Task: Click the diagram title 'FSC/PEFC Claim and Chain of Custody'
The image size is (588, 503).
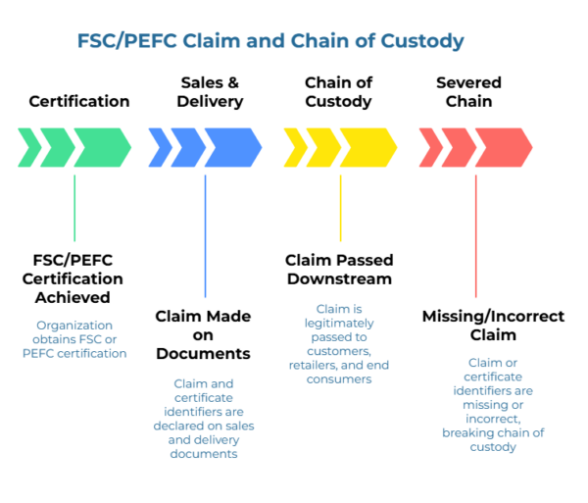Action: (x=270, y=41)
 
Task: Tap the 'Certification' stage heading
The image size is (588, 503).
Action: (x=79, y=101)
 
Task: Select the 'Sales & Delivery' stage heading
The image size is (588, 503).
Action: (x=210, y=92)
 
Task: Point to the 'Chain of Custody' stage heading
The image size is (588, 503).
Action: (x=338, y=92)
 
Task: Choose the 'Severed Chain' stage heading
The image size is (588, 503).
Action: (x=468, y=92)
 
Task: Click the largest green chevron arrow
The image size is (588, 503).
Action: (x=102, y=147)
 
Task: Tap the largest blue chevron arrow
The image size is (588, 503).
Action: (x=233, y=147)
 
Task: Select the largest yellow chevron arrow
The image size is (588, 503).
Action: (x=368, y=147)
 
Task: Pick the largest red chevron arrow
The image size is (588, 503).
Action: (x=504, y=147)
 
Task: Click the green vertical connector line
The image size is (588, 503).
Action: (x=74, y=208)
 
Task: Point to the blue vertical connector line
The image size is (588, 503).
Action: (x=205, y=236)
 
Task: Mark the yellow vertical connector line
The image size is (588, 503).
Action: (x=340, y=208)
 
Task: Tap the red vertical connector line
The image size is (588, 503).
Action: (x=476, y=236)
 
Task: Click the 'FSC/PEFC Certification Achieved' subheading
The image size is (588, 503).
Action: (x=73, y=278)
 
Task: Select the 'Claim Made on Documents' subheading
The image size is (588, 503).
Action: (x=203, y=335)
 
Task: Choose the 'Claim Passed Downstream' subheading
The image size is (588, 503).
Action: (x=339, y=270)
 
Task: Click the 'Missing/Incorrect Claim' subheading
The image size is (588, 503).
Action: (x=493, y=326)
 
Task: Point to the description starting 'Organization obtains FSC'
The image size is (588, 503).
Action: (x=74, y=339)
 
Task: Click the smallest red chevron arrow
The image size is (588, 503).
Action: (x=431, y=147)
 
